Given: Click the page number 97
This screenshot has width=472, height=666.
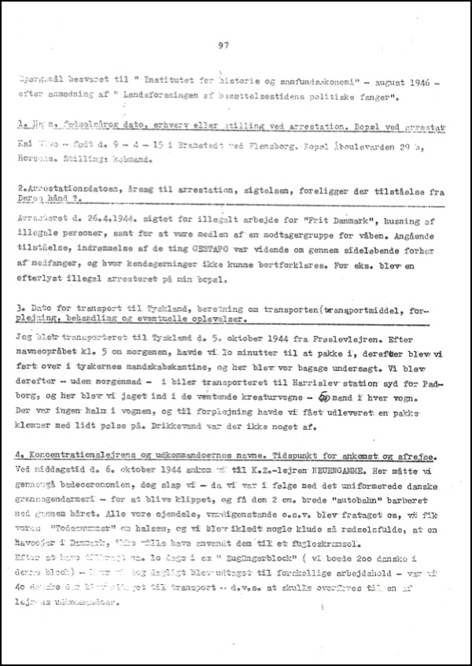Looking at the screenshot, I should (x=223, y=46).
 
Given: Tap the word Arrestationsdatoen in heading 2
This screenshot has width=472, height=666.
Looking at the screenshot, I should (x=72, y=192).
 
